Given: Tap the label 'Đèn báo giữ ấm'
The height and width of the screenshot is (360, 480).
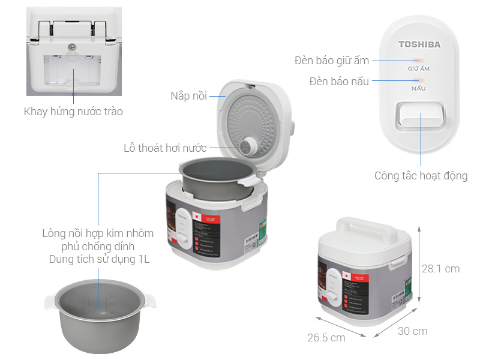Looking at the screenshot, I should click(332, 61).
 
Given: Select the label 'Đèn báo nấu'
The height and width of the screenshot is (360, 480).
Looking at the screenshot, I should click(339, 81).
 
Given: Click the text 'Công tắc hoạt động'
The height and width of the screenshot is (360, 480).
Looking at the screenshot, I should click(421, 176).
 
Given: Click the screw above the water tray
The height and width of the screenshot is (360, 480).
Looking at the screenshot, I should click(73, 47).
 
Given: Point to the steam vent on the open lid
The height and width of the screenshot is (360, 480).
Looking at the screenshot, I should click(247, 145).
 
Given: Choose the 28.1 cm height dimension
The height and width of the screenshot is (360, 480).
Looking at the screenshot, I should click(440, 269).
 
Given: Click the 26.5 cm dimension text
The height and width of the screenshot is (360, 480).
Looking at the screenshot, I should click(326, 337).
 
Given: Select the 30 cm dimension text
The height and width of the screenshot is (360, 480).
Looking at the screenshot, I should click(412, 331).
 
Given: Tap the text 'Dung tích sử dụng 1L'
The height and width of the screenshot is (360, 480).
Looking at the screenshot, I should click(99, 259).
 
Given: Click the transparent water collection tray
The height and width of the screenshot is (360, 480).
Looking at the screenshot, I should click(73, 72).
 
